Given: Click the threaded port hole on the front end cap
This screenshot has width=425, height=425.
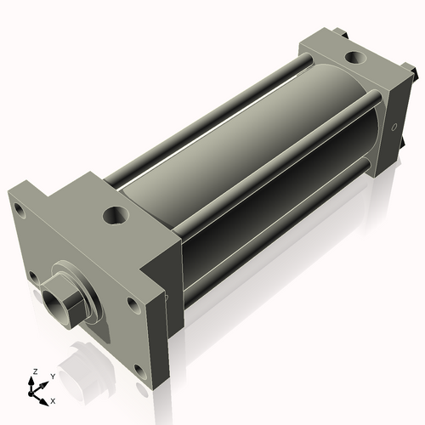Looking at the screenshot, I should point(115,213).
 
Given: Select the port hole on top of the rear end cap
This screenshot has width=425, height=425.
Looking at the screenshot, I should point(354,59).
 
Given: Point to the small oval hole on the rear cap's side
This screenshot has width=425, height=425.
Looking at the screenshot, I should point(394,129).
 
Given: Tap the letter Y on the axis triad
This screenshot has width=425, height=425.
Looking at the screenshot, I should point(52,377).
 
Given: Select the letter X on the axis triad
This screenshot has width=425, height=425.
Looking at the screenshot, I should point(54,399).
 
